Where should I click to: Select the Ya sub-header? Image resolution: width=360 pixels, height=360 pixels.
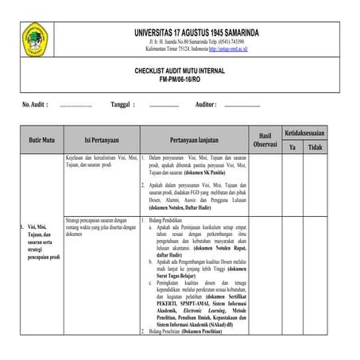pyautogui.click(x=292, y=148)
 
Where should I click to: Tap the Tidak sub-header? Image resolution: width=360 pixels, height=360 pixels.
pyautogui.click(x=315, y=148)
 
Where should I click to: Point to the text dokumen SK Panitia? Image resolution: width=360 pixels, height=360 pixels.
pyautogui.click(x=194, y=172)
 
